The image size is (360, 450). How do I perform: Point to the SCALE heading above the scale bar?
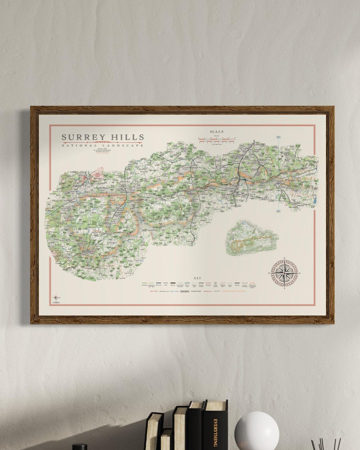click(217, 132)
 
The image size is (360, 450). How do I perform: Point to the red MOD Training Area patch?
click(98, 175)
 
